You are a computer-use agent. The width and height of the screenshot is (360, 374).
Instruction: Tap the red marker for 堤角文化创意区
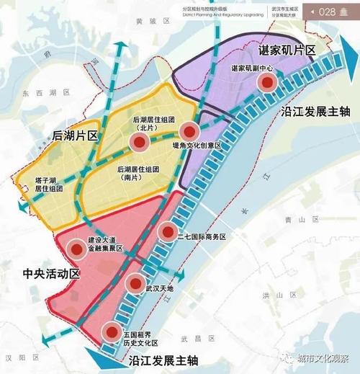click(189, 131)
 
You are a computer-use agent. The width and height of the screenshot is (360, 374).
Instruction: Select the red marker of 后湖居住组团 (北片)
click(139, 143)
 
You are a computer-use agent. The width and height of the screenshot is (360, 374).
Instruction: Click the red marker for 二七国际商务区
click(168, 231)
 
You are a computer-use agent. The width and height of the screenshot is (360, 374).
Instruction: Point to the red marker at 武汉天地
click(134, 285)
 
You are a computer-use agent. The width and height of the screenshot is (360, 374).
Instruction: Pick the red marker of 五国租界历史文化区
click(112, 332)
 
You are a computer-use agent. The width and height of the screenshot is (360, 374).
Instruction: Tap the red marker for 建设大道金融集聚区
click(76, 251)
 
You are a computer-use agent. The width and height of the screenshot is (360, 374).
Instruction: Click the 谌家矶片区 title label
click(287, 52)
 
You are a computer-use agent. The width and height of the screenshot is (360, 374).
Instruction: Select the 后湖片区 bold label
click(75, 135)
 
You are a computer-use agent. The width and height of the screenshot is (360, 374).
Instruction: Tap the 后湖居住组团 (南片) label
click(141, 174)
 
